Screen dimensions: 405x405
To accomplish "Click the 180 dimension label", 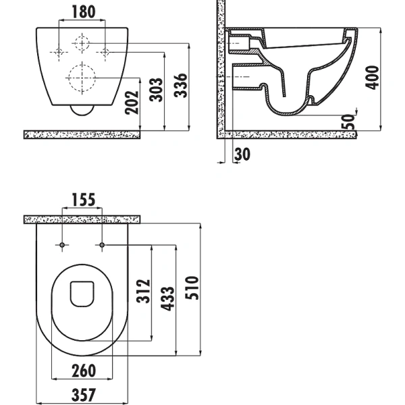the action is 84,12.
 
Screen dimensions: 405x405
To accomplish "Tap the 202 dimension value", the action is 132,103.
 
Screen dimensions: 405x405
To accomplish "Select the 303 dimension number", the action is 157,90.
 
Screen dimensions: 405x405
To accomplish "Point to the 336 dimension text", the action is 180,86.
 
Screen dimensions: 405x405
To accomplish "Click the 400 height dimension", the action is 372,78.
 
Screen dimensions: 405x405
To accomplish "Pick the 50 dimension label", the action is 348,122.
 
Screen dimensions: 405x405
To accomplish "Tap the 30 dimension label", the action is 242,154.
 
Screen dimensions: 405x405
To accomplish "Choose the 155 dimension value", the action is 84,200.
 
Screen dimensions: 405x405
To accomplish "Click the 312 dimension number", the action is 143,291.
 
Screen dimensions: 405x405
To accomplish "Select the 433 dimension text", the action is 167,299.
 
